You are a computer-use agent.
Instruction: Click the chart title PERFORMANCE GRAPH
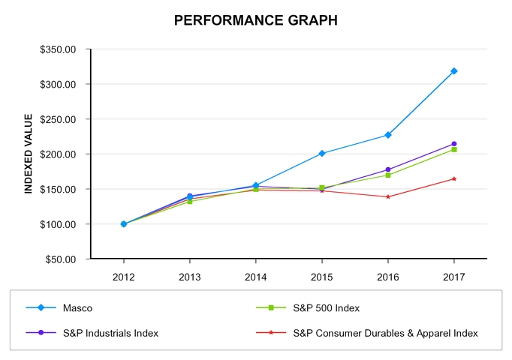(x=256, y=20)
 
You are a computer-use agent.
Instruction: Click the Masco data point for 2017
(x=453, y=71)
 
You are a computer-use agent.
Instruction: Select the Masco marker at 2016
(x=387, y=135)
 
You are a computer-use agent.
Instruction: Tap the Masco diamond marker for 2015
(x=322, y=153)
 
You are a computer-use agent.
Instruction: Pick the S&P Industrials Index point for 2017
(x=453, y=144)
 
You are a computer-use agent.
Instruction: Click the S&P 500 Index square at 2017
(x=453, y=150)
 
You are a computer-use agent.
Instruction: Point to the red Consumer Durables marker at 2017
(x=453, y=178)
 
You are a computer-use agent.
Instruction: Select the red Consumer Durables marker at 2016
(x=387, y=196)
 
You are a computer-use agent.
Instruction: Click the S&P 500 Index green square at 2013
(x=190, y=201)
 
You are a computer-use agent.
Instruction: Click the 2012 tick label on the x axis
(x=124, y=276)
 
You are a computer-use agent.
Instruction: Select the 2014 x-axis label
(x=256, y=276)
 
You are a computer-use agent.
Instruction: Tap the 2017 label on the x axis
(x=453, y=276)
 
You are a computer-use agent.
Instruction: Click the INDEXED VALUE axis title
(x=29, y=154)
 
